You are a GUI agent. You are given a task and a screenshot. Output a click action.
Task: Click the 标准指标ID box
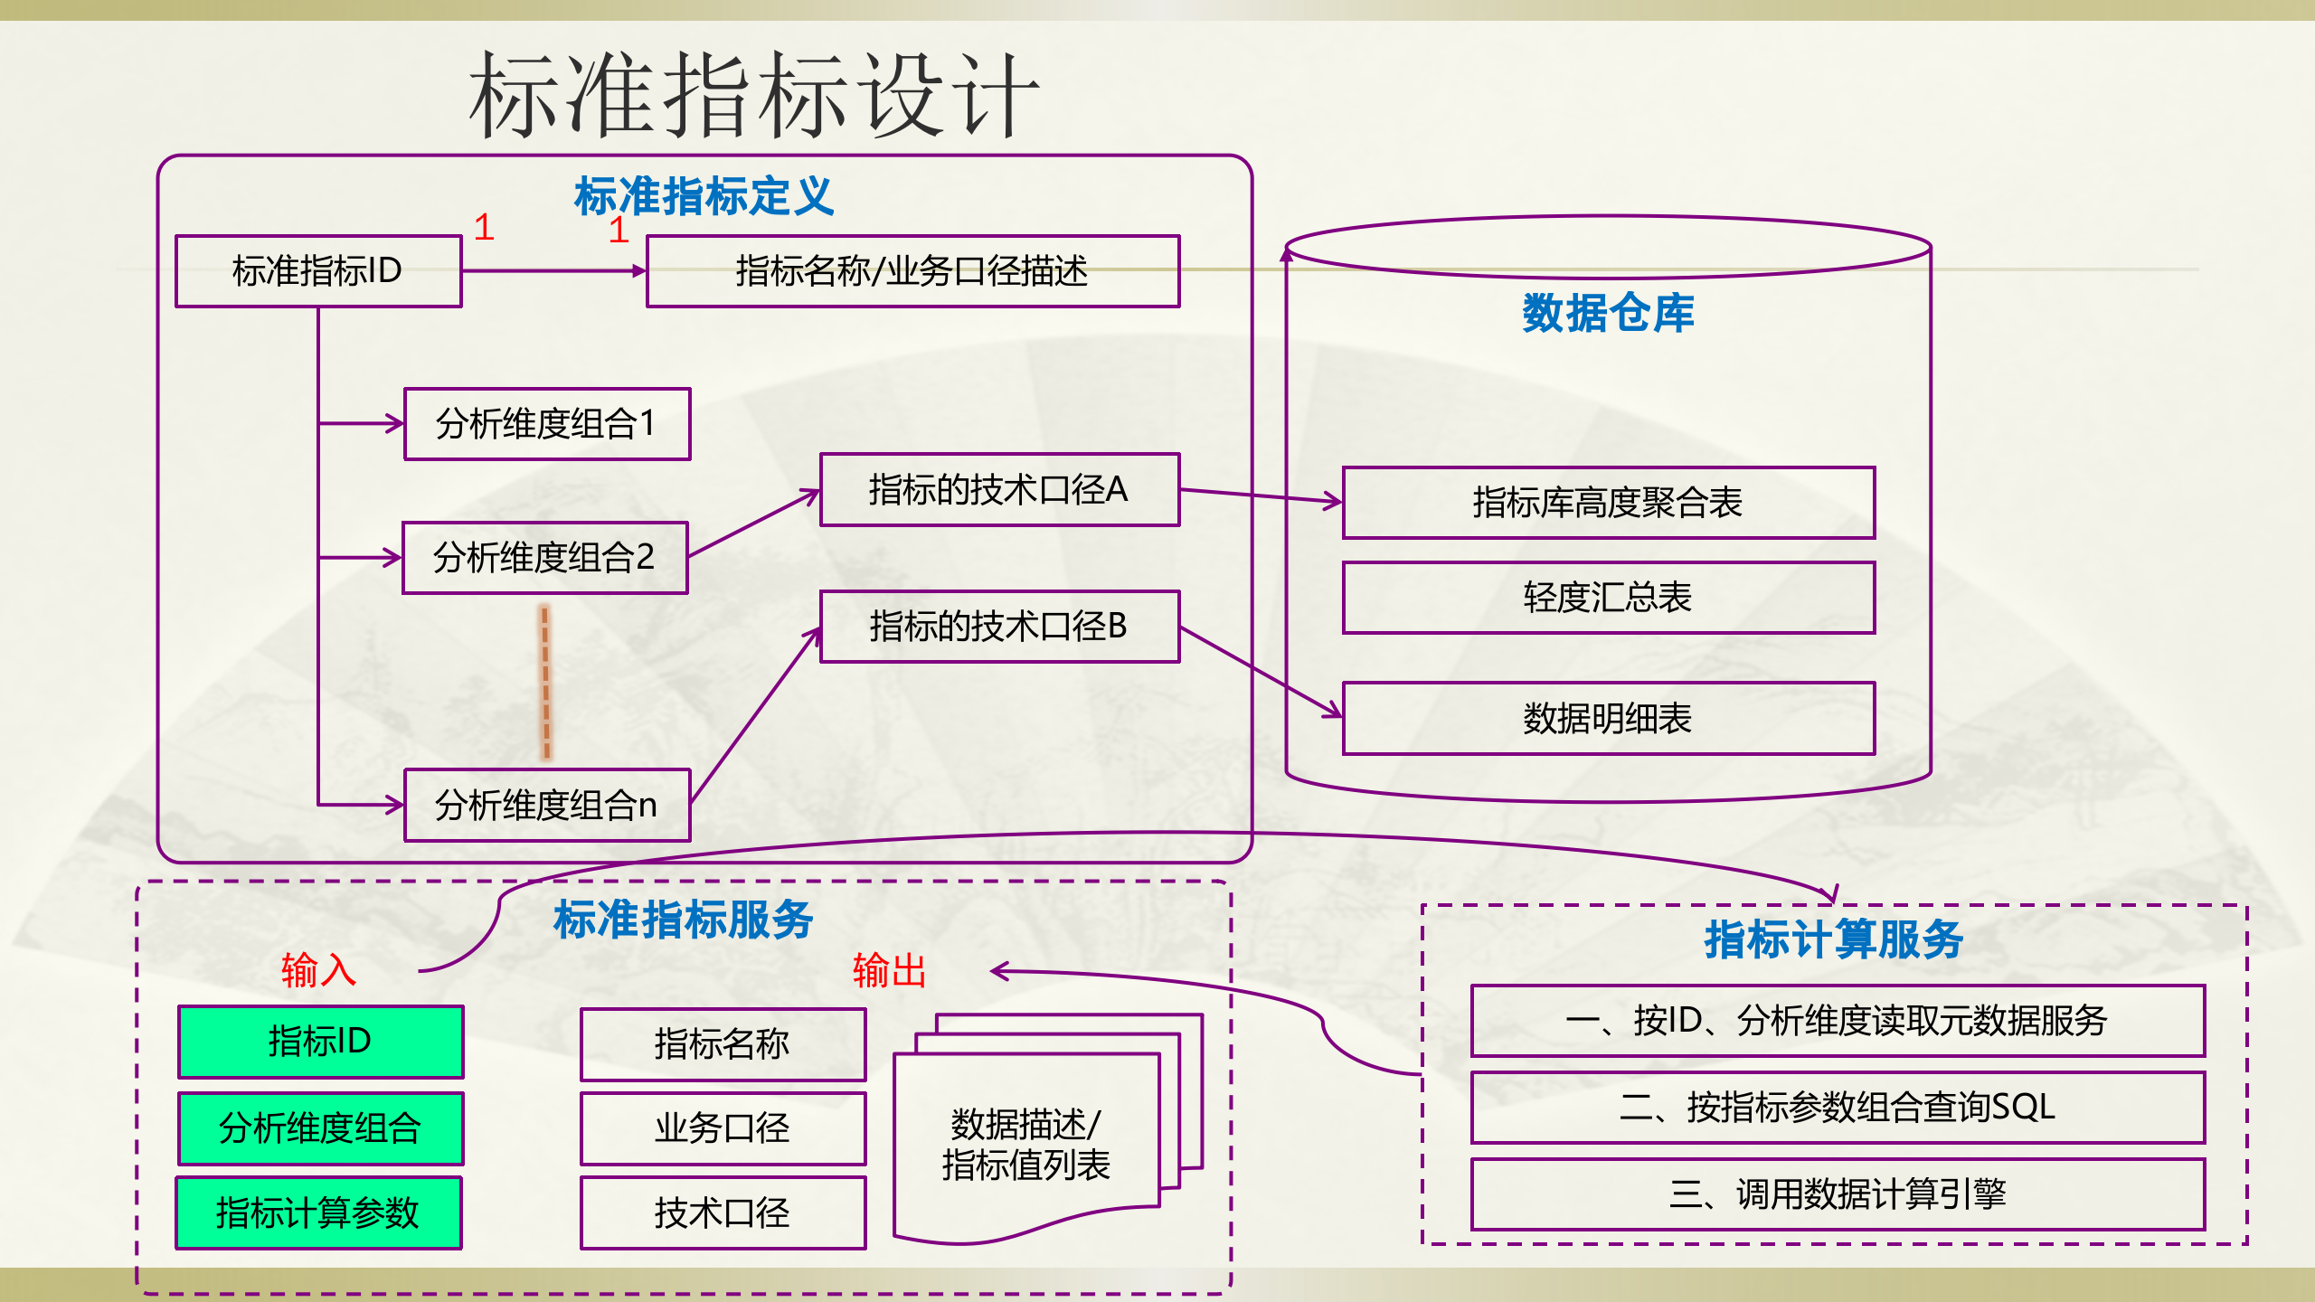pyautogui.click(x=318, y=271)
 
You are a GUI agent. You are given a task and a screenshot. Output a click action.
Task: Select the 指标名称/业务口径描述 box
pyautogui.click(x=912, y=271)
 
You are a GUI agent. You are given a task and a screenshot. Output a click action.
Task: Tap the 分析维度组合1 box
pyautogui.click(x=547, y=424)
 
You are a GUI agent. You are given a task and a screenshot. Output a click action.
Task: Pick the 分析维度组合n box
pyautogui.click(x=547, y=805)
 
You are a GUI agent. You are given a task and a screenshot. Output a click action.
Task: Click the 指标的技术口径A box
pyautogui.click(x=999, y=490)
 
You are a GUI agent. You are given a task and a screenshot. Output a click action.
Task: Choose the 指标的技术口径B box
pyautogui.click(x=999, y=627)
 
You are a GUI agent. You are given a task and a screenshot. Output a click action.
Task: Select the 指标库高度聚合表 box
pyautogui.click(x=1608, y=503)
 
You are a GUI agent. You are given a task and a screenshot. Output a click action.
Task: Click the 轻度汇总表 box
pyautogui.click(x=1608, y=598)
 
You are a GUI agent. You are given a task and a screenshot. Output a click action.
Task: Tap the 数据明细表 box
pyautogui.click(x=1608, y=719)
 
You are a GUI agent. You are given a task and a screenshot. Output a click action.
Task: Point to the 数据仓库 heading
pyautogui.click(x=1608, y=314)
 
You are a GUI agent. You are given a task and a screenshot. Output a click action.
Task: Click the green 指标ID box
pyautogui.click(x=320, y=1042)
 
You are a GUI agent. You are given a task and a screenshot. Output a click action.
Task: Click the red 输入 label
pyautogui.click(x=318, y=970)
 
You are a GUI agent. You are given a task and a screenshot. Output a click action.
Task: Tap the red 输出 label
pyautogui.click(x=889, y=970)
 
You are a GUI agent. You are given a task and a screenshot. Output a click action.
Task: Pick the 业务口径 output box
pyautogui.click(x=723, y=1128)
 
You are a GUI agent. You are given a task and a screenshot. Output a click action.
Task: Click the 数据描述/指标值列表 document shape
pyautogui.click(x=1025, y=1145)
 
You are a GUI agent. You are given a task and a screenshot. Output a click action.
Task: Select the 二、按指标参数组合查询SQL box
pyautogui.click(x=1838, y=1108)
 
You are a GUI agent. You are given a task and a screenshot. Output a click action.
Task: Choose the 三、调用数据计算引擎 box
pyautogui.click(x=1838, y=1194)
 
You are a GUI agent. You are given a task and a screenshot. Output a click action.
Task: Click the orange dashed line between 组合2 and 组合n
pyautogui.click(x=545, y=683)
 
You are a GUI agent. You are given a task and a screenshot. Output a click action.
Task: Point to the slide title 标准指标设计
pyautogui.click(x=754, y=95)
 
